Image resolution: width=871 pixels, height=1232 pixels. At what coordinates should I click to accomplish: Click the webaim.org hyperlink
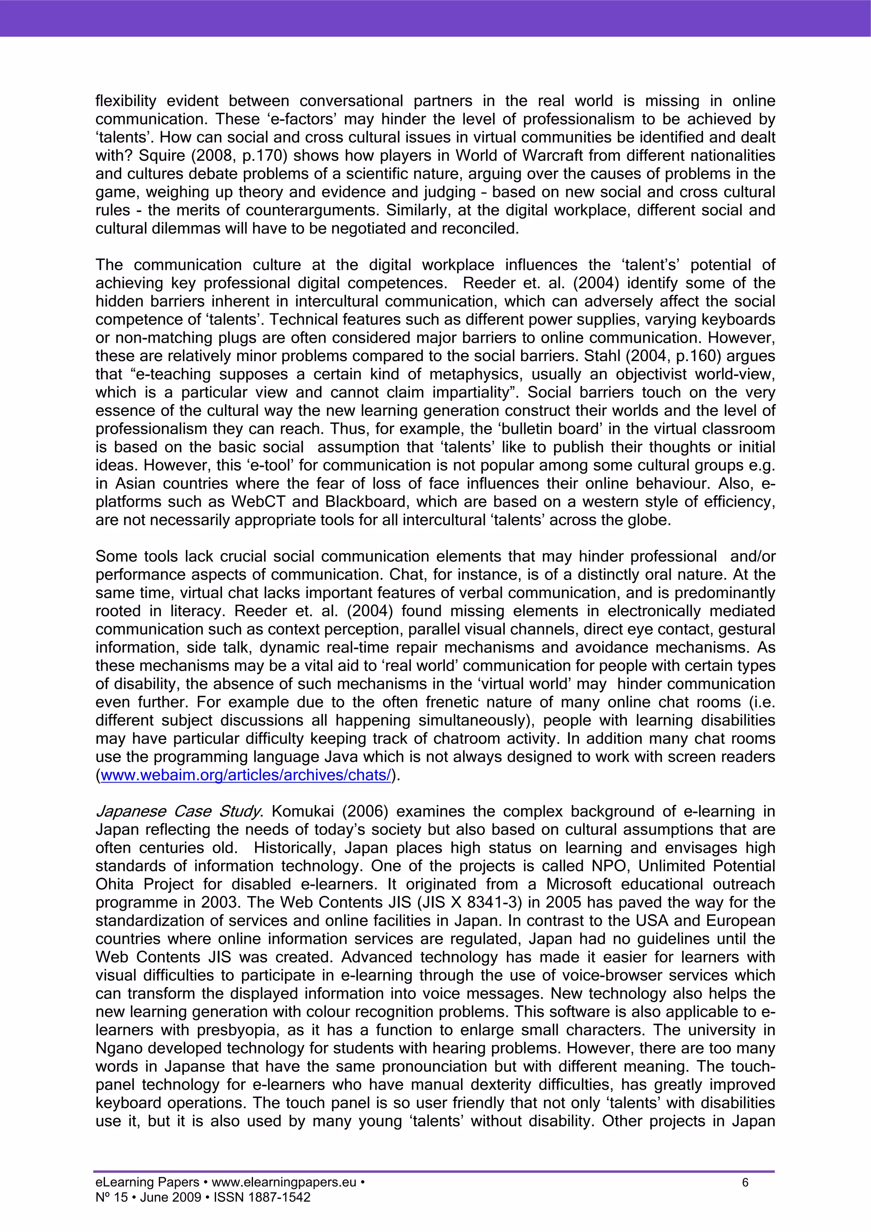coord(246,775)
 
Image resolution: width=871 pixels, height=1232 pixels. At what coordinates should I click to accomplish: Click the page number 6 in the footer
coord(745,1183)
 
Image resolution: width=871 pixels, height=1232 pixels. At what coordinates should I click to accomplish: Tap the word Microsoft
coord(578,884)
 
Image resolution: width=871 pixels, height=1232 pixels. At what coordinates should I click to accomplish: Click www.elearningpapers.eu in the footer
coord(284,1183)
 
